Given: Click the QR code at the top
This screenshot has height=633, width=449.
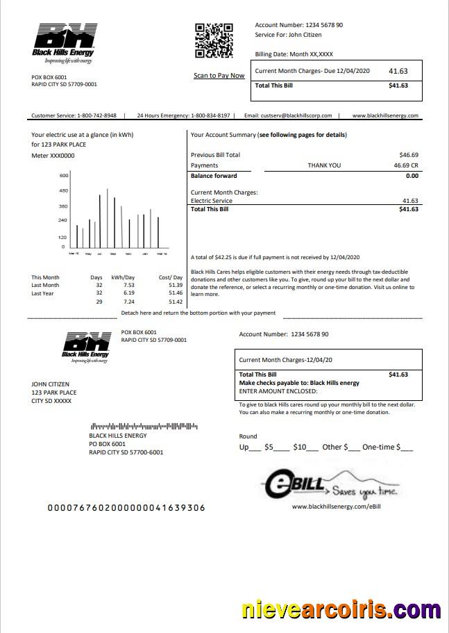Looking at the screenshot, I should (x=213, y=41).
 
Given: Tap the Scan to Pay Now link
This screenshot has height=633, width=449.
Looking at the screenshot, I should (x=219, y=76).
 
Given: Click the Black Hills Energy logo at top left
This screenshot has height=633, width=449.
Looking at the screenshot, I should (x=65, y=42).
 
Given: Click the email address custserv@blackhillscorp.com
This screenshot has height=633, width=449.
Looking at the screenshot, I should (x=298, y=115).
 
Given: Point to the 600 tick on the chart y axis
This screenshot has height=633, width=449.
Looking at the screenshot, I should (x=63, y=175).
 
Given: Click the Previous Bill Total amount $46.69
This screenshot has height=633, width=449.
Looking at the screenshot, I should (x=408, y=154).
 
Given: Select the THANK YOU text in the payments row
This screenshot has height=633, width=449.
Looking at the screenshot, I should (x=324, y=165).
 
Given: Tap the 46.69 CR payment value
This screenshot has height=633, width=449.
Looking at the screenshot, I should (x=405, y=165).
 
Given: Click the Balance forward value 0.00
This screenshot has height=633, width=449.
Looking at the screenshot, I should (x=412, y=176).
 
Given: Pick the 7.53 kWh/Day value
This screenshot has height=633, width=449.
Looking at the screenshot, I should (x=129, y=285).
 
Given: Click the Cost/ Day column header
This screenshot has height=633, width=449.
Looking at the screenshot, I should (x=171, y=277).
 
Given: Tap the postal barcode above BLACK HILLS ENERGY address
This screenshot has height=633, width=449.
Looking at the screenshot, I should (x=144, y=426).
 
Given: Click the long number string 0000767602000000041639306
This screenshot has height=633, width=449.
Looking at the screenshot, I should (x=126, y=508).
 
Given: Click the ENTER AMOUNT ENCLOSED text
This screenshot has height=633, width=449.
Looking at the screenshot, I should (x=278, y=391).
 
